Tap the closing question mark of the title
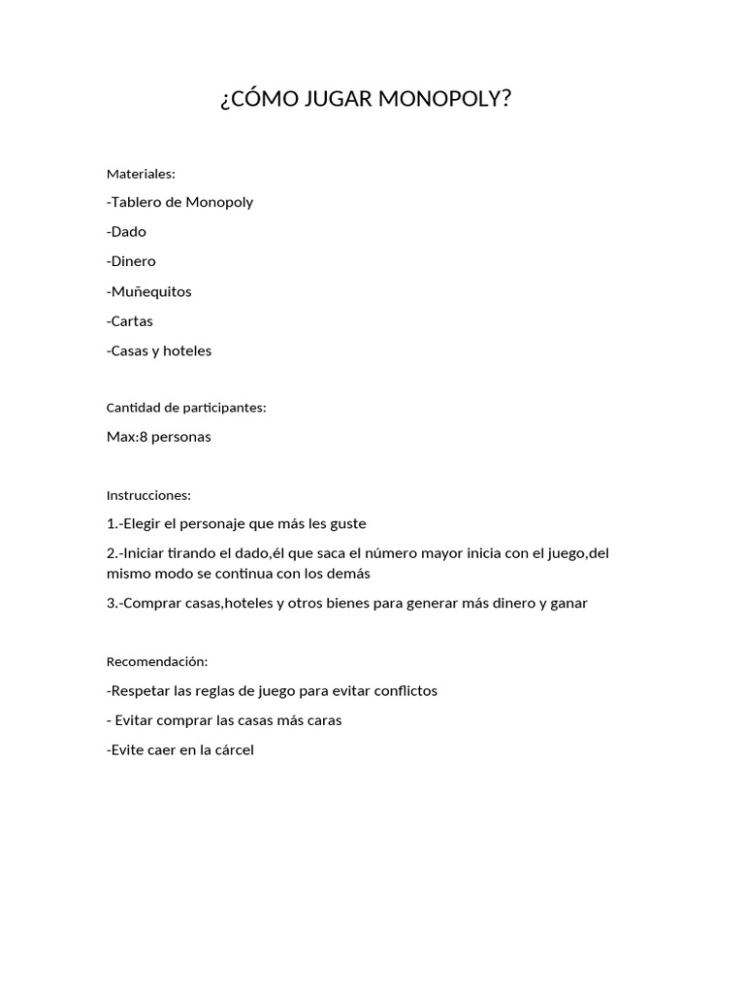pyautogui.click(x=504, y=99)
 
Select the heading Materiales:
pyautogui.click(x=141, y=174)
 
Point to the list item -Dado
pyautogui.click(x=126, y=232)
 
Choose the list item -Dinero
pyautogui.click(x=131, y=261)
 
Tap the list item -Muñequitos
pyautogui.click(x=149, y=291)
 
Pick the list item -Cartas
pyautogui.click(x=130, y=321)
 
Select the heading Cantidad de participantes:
pyautogui.click(x=186, y=408)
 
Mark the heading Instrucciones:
pyautogui.click(x=148, y=495)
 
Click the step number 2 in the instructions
pyautogui.click(x=111, y=553)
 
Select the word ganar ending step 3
pyautogui.click(x=567, y=603)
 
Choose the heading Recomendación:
pyautogui.click(x=157, y=661)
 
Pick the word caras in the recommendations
pyautogui.click(x=323, y=720)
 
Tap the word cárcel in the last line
pyautogui.click(x=231, y=749)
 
